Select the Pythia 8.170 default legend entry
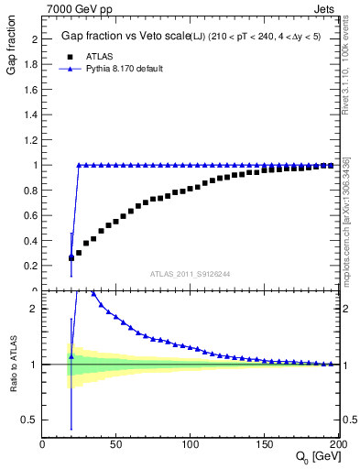point(119,69)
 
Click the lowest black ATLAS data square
point(71,258)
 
